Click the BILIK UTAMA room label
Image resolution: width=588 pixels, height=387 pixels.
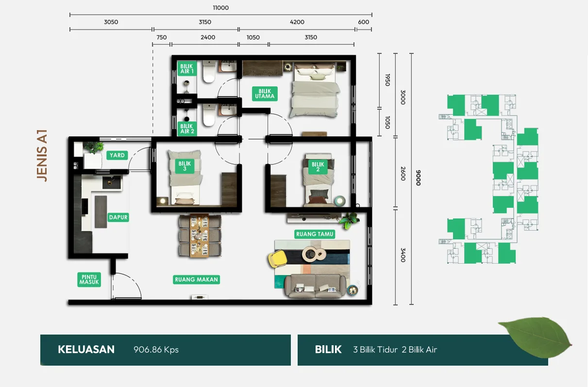point(265,94)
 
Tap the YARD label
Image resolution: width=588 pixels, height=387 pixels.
point(117,155)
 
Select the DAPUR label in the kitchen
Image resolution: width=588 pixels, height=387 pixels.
point(118,217)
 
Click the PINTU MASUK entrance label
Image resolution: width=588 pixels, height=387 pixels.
point(89,279)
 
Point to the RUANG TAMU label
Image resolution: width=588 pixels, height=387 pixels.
point(315,234)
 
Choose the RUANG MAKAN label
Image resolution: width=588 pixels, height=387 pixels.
point(196,279)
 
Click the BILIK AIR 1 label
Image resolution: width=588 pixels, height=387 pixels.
point(186,69)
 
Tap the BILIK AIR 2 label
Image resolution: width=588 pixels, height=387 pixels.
point(187,129)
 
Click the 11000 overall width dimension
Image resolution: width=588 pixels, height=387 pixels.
point(221,8)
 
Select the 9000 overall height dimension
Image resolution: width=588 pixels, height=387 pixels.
point(419,178)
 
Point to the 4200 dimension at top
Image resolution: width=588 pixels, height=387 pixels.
point(297,22)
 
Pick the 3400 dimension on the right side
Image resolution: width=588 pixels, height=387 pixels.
point(403,255)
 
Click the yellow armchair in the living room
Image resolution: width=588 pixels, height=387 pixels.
point(277,258)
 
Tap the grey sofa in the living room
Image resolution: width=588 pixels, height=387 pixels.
point(315,286)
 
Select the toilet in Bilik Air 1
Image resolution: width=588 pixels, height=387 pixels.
point(209,71)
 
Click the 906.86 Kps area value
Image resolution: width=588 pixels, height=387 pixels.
point(156,350)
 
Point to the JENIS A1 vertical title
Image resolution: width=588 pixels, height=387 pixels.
point(42,155)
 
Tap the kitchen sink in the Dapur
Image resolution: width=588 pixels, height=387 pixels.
point(112,182)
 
